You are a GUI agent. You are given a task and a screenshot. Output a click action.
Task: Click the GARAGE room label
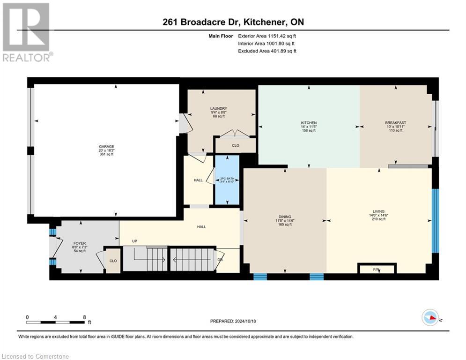[106, 146]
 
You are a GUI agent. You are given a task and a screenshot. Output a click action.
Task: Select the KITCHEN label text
[309, 123]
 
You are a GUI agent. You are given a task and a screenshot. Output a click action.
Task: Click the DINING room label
[285, 217]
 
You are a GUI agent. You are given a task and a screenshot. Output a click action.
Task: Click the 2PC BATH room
[227, 180]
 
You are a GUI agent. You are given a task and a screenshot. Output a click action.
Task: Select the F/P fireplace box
[377, 269]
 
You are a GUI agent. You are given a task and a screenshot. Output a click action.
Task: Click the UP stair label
[134, 241]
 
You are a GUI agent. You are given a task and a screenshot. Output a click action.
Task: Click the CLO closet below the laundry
[236, 145]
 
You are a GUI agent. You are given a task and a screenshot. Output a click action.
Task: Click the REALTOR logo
[27, 32]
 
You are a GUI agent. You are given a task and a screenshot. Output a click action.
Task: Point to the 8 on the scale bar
[84, 317]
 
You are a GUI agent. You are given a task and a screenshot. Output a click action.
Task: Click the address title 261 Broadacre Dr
[233, 22]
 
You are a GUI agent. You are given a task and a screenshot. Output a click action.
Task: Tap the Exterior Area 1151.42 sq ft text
[267, 35]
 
